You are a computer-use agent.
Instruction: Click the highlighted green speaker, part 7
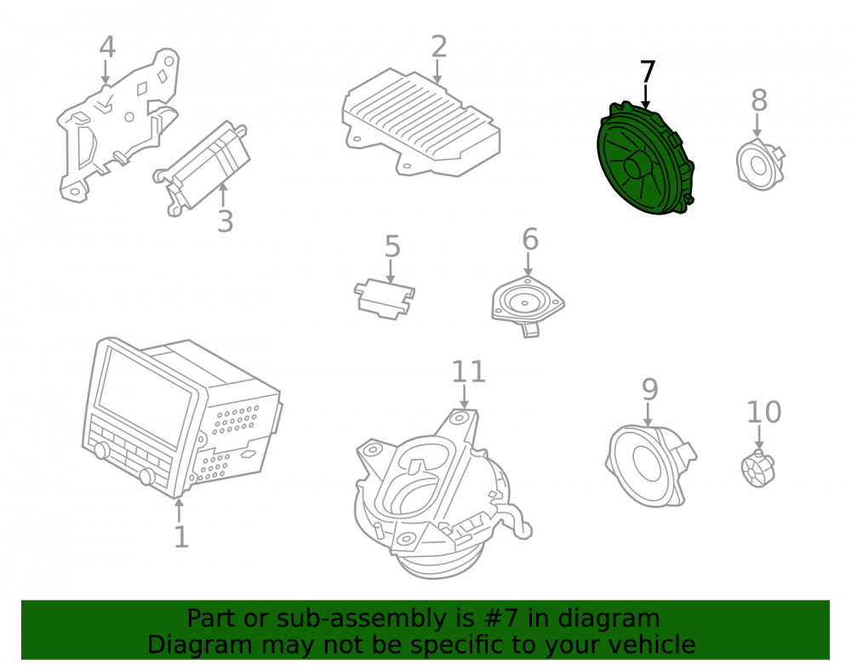pyautogui.click(x=645, y=158)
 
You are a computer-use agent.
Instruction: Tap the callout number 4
pyautogui.click(x=107, y=47)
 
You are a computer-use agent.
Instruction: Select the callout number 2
pyautogui.click(x=438, y=47)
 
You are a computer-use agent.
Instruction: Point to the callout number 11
pyautogui.click(x=468, y=372)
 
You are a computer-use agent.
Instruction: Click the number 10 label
pyautogui.click(x=764, y=412)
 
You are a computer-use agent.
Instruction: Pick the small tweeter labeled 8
pyautogui.click(x=760, y=164)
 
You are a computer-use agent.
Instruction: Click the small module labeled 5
pyautogui.click(x=385, y=299)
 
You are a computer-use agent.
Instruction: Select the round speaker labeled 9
pyautogui.click(x=649, y=466)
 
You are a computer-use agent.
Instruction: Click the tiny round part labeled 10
pyautogui.click(x=757, y=468)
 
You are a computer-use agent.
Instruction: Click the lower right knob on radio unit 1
pyautogui.click(x=146, y=476)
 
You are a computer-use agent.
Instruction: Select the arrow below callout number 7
pyautogui.click(x=645, y=96)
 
